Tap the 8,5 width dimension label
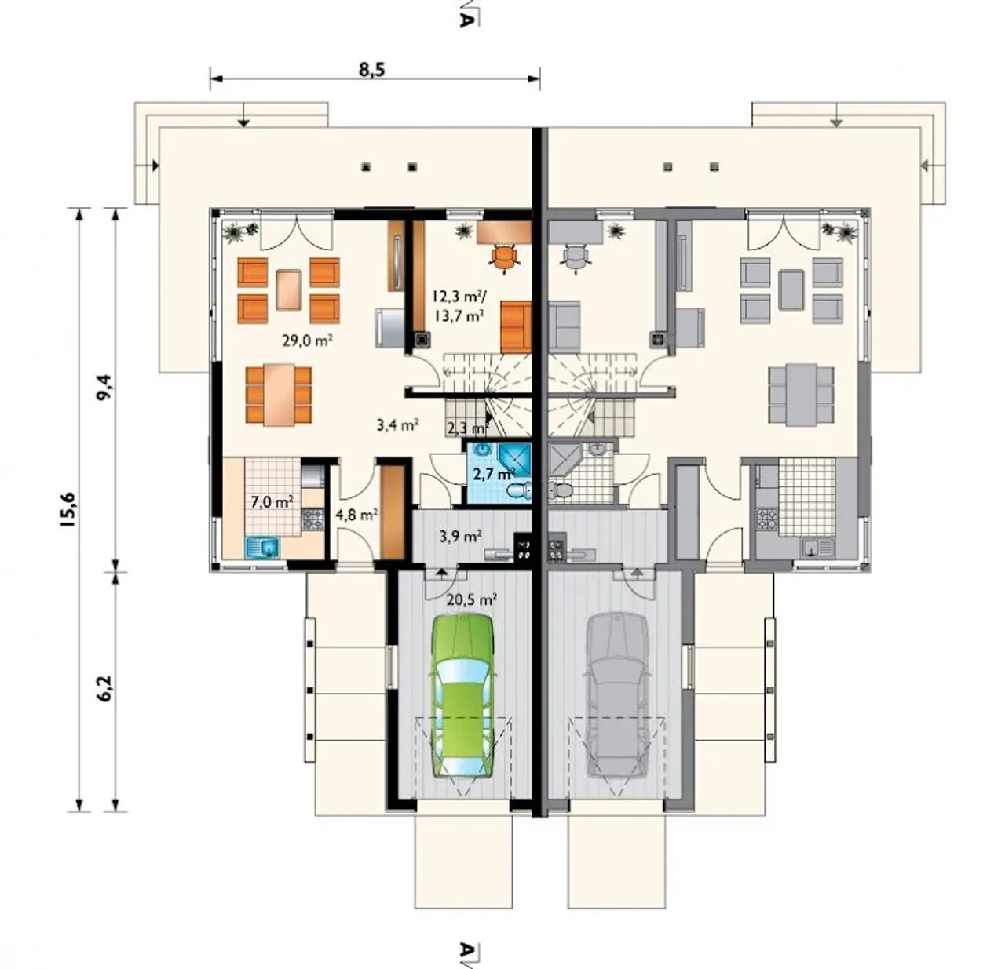(x=372, y=70)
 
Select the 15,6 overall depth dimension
(x=70, y=509)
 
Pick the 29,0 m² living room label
(x=307, y=341)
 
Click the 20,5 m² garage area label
(x=472, y=599)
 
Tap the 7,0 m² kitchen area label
(x=272, y=502)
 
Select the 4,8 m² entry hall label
(x=357, y=515)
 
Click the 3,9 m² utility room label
(x=461, y=536)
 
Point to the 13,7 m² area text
(x=459, y=315)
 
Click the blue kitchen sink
(x=263, y=547)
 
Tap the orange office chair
(x=503, y=257)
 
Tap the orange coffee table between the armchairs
(x=289, y=290)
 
